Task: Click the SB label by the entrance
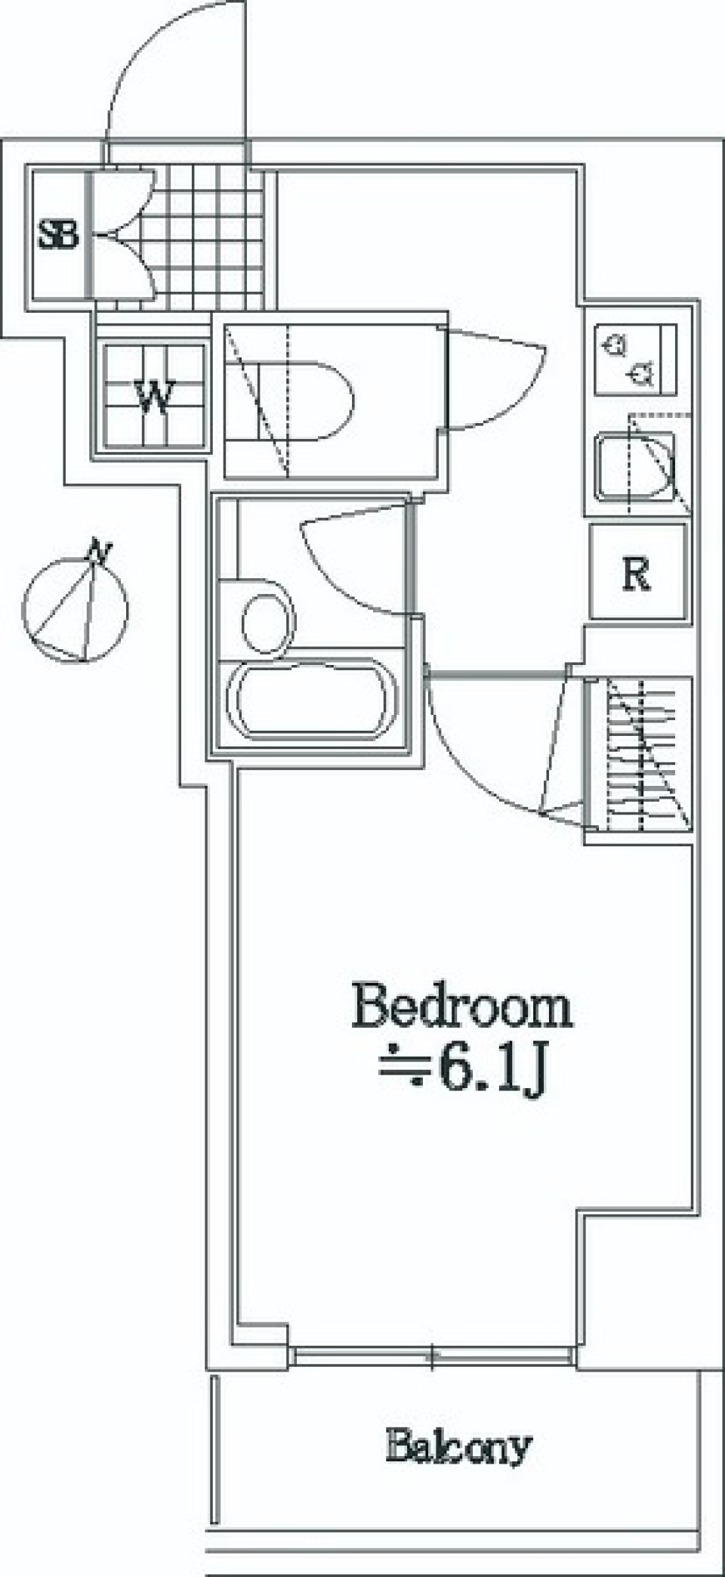click(x=60, y=234)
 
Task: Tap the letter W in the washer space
click(x=155, y=396)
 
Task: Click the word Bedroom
click(x=462, y=1006)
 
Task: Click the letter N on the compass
click(x=97, y=553)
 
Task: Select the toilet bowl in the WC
click(x=310, y=400)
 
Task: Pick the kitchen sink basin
click(x=634, y=465)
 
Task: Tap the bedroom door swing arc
click(x=483, y=763)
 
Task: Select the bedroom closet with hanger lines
click(x=639, y=754)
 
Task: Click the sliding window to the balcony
click(x=432, y=1356)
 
